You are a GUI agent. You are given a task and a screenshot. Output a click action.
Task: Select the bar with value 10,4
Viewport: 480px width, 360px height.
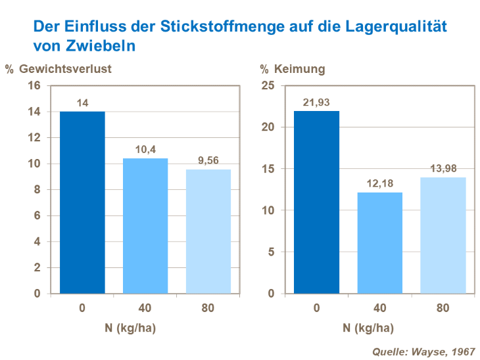click(x=145, y=226)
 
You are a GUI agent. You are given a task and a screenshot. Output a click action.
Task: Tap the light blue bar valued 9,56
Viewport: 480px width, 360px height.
click(x=208, y=231)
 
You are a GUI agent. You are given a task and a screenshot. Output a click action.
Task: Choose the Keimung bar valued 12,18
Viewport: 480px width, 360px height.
click(x=379, y=243)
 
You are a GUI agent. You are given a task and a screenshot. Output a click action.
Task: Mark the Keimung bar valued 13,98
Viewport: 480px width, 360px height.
click(x=443, y=235)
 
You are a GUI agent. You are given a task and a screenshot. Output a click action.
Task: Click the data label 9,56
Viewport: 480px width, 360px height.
click(x=208, y=160)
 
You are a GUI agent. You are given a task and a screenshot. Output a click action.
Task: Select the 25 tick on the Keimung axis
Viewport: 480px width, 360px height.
click(x=268, y=86)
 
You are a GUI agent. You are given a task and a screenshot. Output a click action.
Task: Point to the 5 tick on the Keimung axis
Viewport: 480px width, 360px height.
click(x=271, y=252)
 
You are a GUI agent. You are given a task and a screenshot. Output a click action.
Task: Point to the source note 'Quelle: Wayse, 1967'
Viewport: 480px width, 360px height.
click(x=423, y=351)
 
